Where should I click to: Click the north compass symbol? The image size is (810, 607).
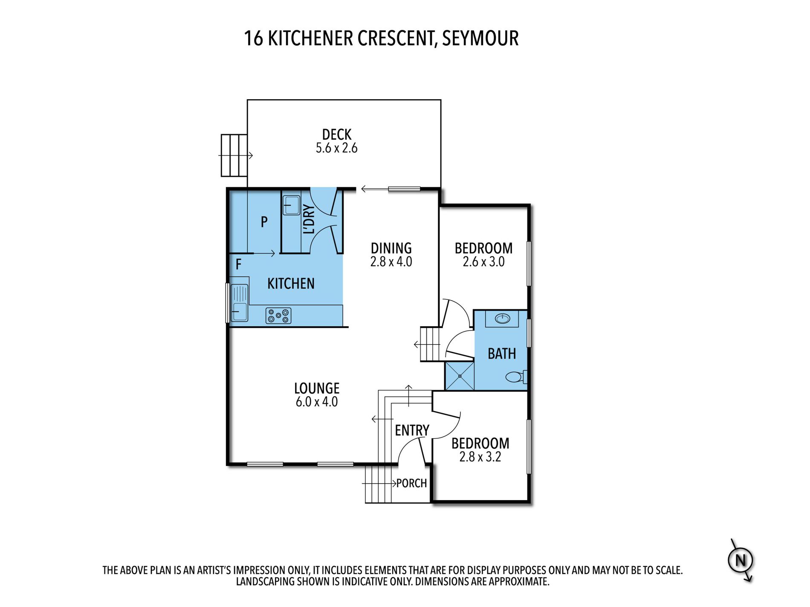tap(741, 560)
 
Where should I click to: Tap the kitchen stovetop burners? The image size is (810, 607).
tap(278, 316)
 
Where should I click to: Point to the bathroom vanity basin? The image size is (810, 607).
tap(502, 319)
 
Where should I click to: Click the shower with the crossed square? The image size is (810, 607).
tap(460, 376)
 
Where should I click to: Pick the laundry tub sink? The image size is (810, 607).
tap(292, 205)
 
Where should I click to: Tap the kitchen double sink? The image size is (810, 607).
tap(239, 302)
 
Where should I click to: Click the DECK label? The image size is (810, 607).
tap(337, 135)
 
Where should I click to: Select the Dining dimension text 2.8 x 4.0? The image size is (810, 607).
tap(391, 262)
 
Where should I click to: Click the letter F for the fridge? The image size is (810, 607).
tap(239, 265)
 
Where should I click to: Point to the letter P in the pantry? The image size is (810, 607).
tap(264, 222)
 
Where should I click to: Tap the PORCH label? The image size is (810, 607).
tap(411, 483)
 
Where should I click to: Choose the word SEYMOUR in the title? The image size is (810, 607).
tap(480, 38)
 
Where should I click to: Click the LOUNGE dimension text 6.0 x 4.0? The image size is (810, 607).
tap(317, 402)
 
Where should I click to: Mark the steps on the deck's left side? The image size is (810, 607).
tap(234, 155)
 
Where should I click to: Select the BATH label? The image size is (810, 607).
tap(502, 354)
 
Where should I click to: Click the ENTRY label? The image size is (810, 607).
tap(412, 431)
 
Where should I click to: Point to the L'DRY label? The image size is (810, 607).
tap(309, 219)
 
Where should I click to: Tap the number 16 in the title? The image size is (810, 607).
tap(254, 38)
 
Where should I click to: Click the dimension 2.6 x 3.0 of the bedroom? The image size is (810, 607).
tap(484, 262)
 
